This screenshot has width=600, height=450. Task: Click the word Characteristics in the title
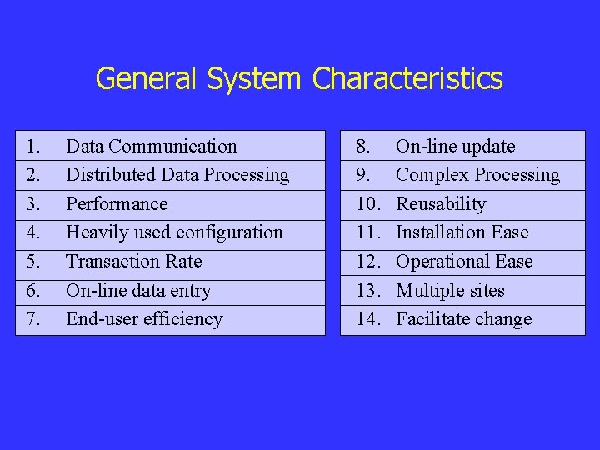pyautogui.click(x=407, y=79)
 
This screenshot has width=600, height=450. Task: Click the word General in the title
pyautogui.click(x=145, y=79)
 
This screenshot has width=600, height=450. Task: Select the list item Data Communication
pyautogui.click(x=151, y=147)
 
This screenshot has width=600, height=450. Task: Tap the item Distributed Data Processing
pyautogui.click(x=177, y=175)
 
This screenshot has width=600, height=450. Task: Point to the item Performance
pyautogui.click(x=117, y=204)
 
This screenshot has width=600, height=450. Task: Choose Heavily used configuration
pyautogui.click(x=174, y=232)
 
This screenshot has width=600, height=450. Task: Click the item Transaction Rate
pyautogui.click(x=133, y=262)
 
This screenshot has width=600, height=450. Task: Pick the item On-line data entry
pyautogui.click(x=138, y=291)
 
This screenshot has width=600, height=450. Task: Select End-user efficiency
pyautogui.click(x=144, y=319)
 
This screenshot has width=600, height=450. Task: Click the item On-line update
pyautogui.click(x=455, y=147)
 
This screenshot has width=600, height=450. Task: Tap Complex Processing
pyautogui.click(x=477, y=175)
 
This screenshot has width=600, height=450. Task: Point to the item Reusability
pyautogui.click(x=441, y=204)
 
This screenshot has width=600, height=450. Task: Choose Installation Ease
pyautogui.click(x=462, y=232)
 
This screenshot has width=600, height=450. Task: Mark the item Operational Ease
pyautogui.click(x=463, y=262)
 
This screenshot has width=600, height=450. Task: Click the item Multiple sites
pyautogui.click(x=450, y=291)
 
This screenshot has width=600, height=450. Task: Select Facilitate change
pyautogui.click(x=463, y=319)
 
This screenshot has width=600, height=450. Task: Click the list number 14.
pyautogui.click(x=367, y=319)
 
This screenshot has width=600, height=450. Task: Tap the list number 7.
pyautogui.click(x=33, y=319)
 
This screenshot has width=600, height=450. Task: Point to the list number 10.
pyautogui.click(x=367, y=204)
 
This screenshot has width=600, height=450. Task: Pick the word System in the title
pyautogui.click(x=252, y=79)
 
